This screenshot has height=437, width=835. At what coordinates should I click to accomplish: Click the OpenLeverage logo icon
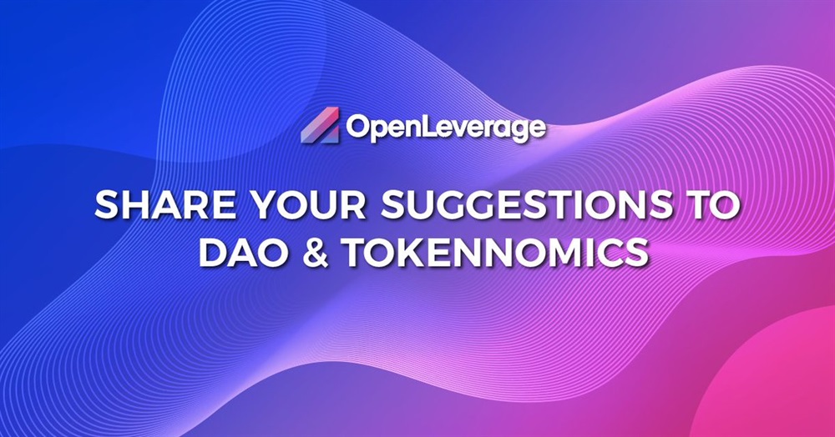[320, 125]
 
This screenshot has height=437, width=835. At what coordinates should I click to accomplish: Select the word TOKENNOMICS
[496, 252]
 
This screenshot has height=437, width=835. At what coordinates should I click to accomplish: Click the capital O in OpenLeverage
[357, 128]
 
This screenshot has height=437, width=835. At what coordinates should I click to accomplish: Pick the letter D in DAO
[213, 252]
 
